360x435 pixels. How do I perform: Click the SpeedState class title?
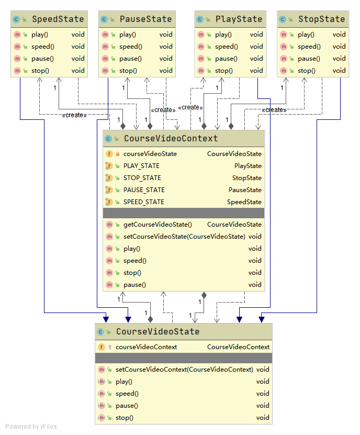(x=58, y=19)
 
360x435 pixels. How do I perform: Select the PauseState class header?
(x=145, y=19)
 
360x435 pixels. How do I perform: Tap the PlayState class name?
(x=239, y=19)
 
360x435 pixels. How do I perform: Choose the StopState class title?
(x=321, y=19)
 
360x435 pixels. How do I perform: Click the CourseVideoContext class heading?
(x=171, y=139)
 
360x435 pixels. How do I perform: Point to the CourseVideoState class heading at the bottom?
(x=157, y=332)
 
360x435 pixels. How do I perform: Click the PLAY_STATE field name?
(x=141, y=166)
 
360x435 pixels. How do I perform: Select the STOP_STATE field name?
(x=142, y=178)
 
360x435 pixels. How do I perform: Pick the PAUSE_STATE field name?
(x=144, y=190)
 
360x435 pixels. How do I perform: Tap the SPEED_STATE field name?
(x=144, y=202)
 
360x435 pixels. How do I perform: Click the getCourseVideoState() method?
(x=157, y=225)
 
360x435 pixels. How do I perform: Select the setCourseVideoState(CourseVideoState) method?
(x=184, y=237)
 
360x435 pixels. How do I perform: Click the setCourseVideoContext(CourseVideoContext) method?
(x=184, y=370)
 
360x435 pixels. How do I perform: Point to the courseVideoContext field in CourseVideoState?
(x=146, y=347)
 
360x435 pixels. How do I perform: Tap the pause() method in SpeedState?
(x=42, y=59)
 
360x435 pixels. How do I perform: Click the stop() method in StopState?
(x=307, y=71)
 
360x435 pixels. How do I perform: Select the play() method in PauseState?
(x=128, y=35)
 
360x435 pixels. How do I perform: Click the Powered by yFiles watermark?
(x=31, y=427)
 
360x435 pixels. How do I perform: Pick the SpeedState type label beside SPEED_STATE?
(x=244, y=202)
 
